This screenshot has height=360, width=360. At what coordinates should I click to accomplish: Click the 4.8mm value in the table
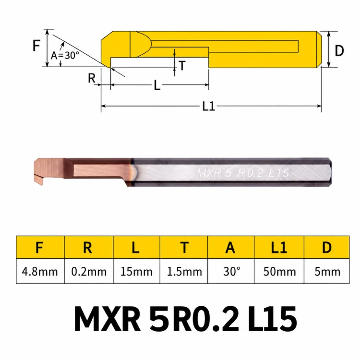pyautogui.click(x=40, y=272)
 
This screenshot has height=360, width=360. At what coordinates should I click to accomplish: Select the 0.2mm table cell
pyautogui.click(x=89, y=272)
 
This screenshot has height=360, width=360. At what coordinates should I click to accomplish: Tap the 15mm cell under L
pyautogui.click(x=136, y=272)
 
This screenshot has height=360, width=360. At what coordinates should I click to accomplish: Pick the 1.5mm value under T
pyautogui.click(x=184, y=272)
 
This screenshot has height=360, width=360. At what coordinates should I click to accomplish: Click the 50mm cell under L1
pyautogui.click(x=279, y=272)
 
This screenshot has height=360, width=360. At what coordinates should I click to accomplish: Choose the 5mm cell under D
pyautogui.click(x=327, y=272)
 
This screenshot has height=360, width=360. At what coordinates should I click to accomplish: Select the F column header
pyautogui.click(x=39, y=248)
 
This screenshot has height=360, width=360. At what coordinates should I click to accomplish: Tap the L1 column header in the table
pyautogui.click(x=279, y=248)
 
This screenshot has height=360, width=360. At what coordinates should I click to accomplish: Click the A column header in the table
pyautogui.click(x=230, y=248)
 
